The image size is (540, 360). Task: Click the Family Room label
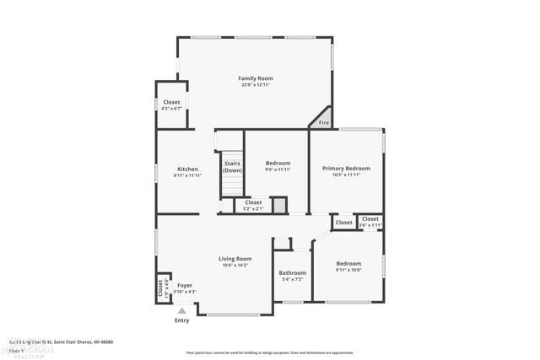click(x=255, y=78)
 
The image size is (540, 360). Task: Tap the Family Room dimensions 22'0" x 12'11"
click(x=255, y=85)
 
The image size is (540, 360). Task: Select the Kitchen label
click(x=187, y=169)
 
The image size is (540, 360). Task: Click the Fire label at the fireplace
click(x=323, y=124)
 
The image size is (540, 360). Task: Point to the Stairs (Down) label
click(x=232, y=167)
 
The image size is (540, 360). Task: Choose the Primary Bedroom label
click(x=346, y=169)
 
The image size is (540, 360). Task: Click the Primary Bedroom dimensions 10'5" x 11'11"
click(x=346, y=175)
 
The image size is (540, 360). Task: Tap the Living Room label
click(x=235, y=259)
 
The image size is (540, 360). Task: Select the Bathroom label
click(x=293, y=272)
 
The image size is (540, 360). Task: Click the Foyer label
click(x=184, y=286)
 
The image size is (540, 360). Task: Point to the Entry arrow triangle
click(x=181, y=311)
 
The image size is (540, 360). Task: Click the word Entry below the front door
click(x=181, y=320)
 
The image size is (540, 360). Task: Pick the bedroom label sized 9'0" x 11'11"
click(x=278, y=163)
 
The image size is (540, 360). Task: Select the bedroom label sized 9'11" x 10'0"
click(x=348, y=263)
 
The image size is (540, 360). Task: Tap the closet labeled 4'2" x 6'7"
click(x=171, y=102)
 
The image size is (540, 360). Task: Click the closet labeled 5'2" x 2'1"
click(x=253, y=202)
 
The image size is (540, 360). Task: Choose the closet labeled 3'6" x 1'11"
click(x=370, y=219)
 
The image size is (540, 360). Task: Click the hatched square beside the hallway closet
click(x=280, y=204)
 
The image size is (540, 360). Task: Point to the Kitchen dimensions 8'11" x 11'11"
click(x=187, y=175)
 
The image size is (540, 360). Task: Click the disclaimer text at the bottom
click(x=270, y=352)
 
